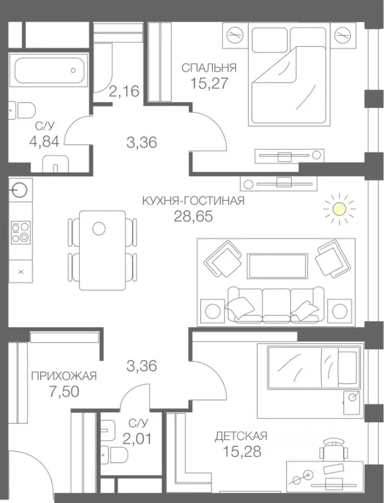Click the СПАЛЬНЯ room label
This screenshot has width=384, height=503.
[209, 68]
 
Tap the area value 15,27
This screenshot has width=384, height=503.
[209, 83]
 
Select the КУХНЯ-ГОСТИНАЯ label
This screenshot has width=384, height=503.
[193, 201]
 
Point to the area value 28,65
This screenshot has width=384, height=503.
[193, 216]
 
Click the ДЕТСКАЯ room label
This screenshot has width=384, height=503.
[241, 436]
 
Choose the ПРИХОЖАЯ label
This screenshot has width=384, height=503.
[64, 376]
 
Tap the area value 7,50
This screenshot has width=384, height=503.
[64, 391]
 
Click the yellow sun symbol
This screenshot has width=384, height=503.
[339, 209]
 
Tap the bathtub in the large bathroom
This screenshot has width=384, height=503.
[49, 70]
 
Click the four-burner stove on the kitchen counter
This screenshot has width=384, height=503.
[21, 232]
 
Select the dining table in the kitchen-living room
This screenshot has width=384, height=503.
[102, 250]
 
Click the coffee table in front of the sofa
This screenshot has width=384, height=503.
[277, 266]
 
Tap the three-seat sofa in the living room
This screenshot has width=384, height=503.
[276, 304]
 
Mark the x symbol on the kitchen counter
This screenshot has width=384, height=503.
[21, 272]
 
